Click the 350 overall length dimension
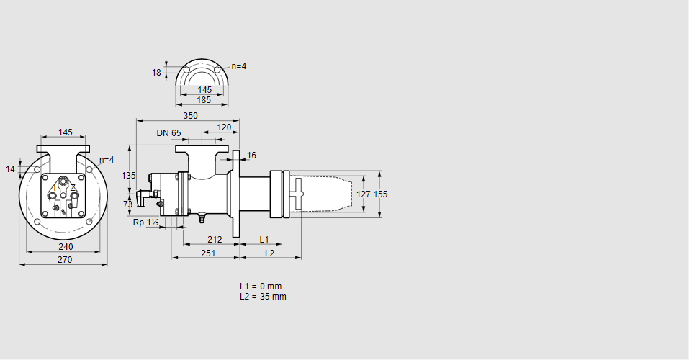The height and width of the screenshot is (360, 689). point(190,115)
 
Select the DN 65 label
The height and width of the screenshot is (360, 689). point(168,133)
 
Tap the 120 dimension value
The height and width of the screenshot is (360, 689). point(224,127)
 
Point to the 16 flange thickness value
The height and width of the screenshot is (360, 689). point(251,156)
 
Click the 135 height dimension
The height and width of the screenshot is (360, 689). point(128,176)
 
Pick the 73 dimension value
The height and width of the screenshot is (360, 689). point(128,204)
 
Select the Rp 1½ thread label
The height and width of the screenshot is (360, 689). point(146,222)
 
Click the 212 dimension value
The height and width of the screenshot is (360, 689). point(214,239)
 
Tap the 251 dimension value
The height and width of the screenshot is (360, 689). point(208,253)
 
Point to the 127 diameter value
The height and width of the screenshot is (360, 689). point(364,194)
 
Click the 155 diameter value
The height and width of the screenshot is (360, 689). point(381,194)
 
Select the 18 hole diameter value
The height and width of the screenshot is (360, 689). point(156,72)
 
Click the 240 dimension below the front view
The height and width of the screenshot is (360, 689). point(65,247)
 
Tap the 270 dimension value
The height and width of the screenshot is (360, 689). point(65,260)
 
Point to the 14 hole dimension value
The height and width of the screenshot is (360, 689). point(10,169)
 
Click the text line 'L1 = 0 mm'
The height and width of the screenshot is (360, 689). point(261,287)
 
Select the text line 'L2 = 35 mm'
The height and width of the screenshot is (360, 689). point(263,297)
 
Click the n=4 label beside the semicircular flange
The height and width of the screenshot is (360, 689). point(238,66)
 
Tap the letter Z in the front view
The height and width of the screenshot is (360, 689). point(73,187)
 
